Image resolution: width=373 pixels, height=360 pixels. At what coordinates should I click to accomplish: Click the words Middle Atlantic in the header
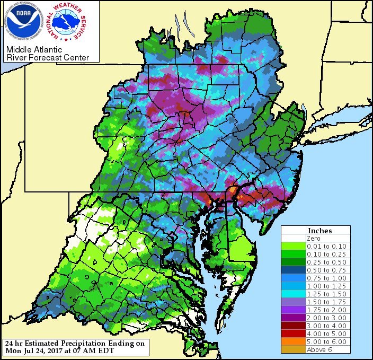(32, 50)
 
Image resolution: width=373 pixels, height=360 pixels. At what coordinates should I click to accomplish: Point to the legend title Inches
(319, 231)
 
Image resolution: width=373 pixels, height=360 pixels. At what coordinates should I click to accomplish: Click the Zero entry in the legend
(314, 239)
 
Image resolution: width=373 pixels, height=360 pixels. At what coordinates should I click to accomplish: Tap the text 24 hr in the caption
(13, 343)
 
